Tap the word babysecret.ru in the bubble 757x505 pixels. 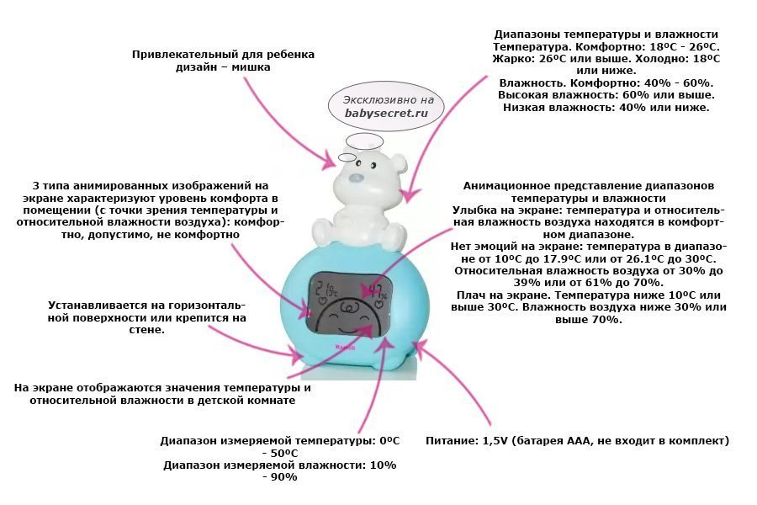click(x=380, y=112)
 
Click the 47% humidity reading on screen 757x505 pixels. click(x=374, y=291)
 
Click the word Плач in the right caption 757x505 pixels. click(x=476, y=295)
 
